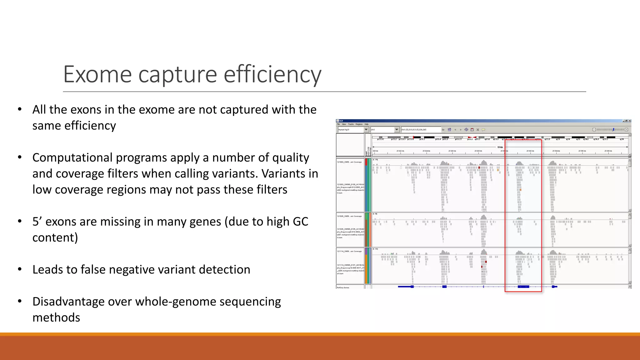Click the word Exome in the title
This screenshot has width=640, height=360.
97,74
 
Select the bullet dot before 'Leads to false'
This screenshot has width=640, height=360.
20,269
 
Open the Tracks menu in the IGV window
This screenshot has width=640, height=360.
351,124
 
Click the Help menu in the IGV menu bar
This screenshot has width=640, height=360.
367,124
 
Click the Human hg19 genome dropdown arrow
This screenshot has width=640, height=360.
366,130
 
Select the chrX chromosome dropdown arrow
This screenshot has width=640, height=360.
397,130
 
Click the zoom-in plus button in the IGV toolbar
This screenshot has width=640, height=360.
626,130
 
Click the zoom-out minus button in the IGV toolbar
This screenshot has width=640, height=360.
594,130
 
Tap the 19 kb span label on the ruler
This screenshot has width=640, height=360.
500,147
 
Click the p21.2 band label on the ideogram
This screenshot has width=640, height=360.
422,139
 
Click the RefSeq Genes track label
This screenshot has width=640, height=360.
343,287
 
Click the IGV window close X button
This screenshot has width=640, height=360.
630,121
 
